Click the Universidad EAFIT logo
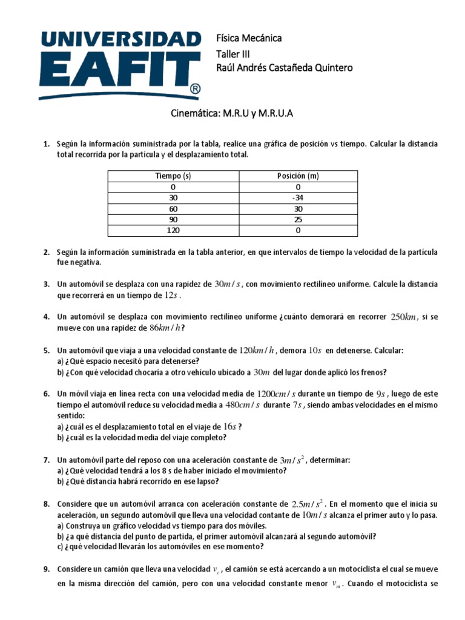120,62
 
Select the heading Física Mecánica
249,38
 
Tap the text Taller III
233,53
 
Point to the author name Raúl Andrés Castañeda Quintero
284,68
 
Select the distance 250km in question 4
404,317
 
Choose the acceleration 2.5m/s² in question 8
308,504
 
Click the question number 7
47,460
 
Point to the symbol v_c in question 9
217,570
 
